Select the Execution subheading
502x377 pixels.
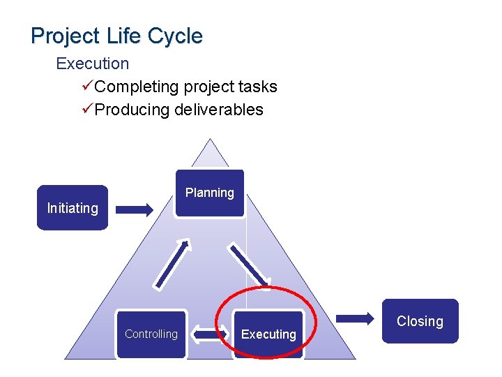point(92,64)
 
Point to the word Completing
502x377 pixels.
point(137,87)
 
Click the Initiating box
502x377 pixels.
point(73,208)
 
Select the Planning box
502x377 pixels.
point(209,193)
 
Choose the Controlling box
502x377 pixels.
point(151,334)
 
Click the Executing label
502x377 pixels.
point(268,334)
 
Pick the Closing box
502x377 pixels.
point(420,321)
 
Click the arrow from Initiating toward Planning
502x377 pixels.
point(135,209)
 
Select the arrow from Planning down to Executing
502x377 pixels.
point(250,265)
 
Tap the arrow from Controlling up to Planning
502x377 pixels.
point(172,264)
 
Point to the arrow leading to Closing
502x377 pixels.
point(356,319)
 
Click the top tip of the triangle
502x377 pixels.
point(210,142)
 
